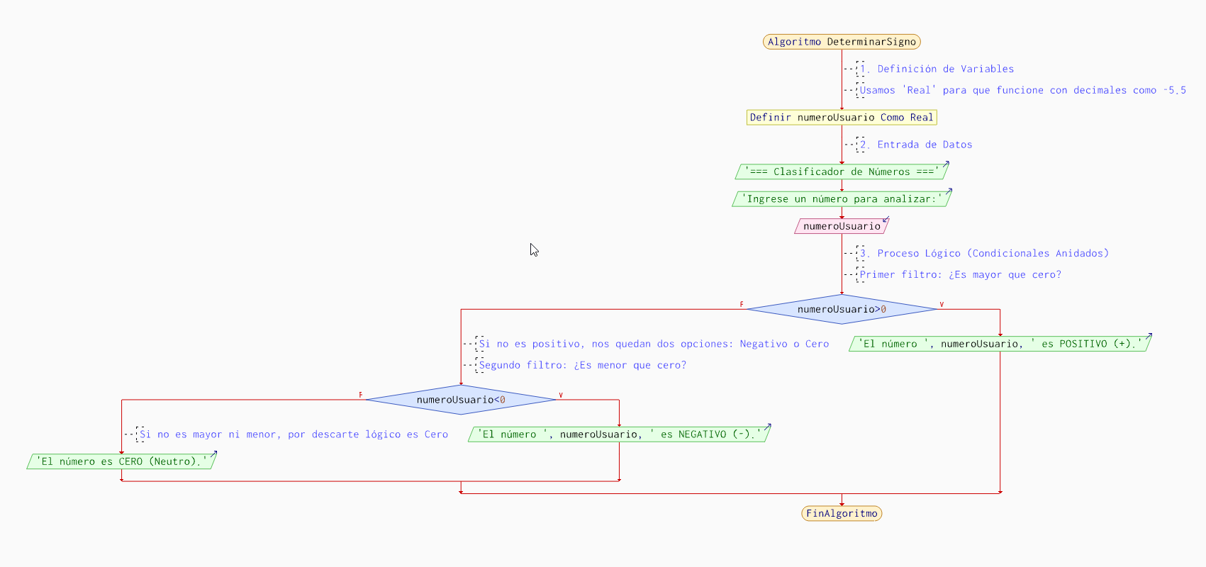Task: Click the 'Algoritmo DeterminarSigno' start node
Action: tap(842, 42)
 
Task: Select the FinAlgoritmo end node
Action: tap(842, 513)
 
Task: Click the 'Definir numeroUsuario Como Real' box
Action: tap(842, 118)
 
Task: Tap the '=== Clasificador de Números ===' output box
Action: tap(842, 172)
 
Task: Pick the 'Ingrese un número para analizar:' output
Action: tap(842, 199)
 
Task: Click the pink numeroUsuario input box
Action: tap(842, 226)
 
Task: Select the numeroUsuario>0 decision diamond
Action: tap(842, 309)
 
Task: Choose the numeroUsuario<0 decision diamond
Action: tap(461, 400)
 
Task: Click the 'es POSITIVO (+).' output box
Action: tap(1000, 344)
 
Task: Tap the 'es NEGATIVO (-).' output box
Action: tap(619, 434)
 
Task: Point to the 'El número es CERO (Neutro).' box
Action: tap(121, 461)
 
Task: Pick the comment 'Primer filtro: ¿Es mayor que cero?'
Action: tap(960, 274)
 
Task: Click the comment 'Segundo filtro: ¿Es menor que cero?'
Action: tap(582, 365)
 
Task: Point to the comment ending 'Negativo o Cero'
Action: tap(654, 344)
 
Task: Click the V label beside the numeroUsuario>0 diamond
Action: tap(942, 305)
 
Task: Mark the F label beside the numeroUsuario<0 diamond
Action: tap(360, 395)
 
